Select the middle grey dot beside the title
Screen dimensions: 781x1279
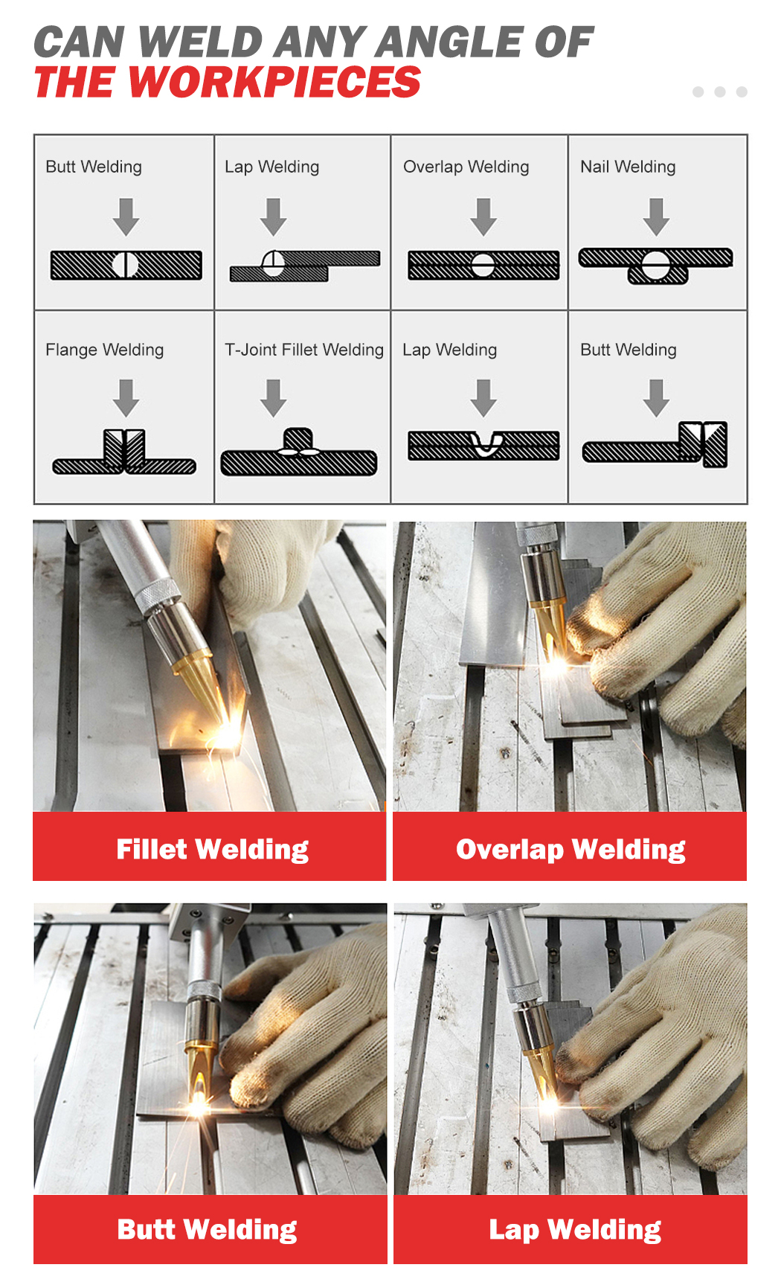tap(719, 92)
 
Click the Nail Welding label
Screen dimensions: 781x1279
tap(628, 167)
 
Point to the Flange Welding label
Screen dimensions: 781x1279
tap(104, 350)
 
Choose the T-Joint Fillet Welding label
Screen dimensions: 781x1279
tap(304, 350)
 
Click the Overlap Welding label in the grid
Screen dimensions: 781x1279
tap(466, 167)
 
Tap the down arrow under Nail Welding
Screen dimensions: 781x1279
tap(656, 217)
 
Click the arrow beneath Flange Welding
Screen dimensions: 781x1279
tap(126, 398)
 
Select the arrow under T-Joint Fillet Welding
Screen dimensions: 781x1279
tap(274, 398)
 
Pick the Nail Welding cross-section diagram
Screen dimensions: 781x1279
tap(656, 266)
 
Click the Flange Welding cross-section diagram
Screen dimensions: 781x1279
tap(124, 452)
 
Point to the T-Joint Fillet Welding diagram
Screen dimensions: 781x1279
tap(299, 452)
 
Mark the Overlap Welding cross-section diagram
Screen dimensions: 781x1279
tap(483, 265)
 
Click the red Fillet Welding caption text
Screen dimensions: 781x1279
tap(212, 849)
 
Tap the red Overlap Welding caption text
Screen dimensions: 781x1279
tap(571, 849)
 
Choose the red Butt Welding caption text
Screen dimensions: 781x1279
tap(207, 1229)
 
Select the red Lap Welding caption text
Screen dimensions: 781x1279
tap(575, 1229)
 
